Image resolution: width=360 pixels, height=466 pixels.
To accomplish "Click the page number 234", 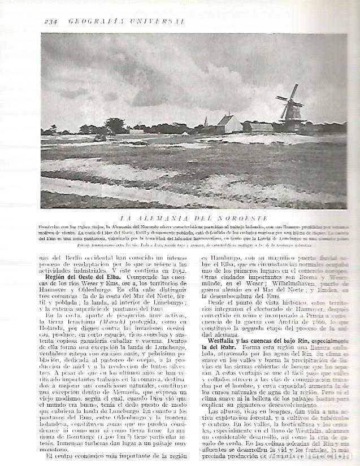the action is coord(51,21).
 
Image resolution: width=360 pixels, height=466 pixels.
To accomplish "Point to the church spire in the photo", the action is coord(206,121).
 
